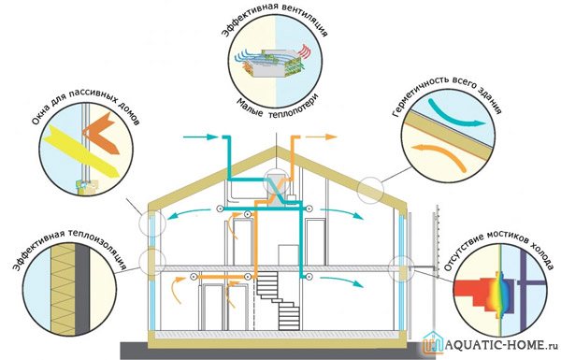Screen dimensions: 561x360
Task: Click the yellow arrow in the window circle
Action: pyautogui.click(x=81, y=151)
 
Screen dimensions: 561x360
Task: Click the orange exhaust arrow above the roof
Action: pyautogui.click(x=321, y=137)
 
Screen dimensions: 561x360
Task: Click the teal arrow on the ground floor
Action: pyautogui.click(x=340, y=281)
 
